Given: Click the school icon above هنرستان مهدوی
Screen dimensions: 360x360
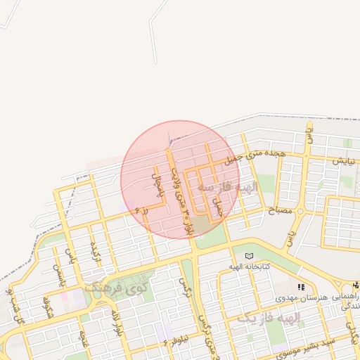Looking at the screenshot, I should pyautogui.click(x=302, y=287).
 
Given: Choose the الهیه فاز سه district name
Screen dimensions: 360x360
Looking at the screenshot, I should pyautogui.click(x=229, y=188).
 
